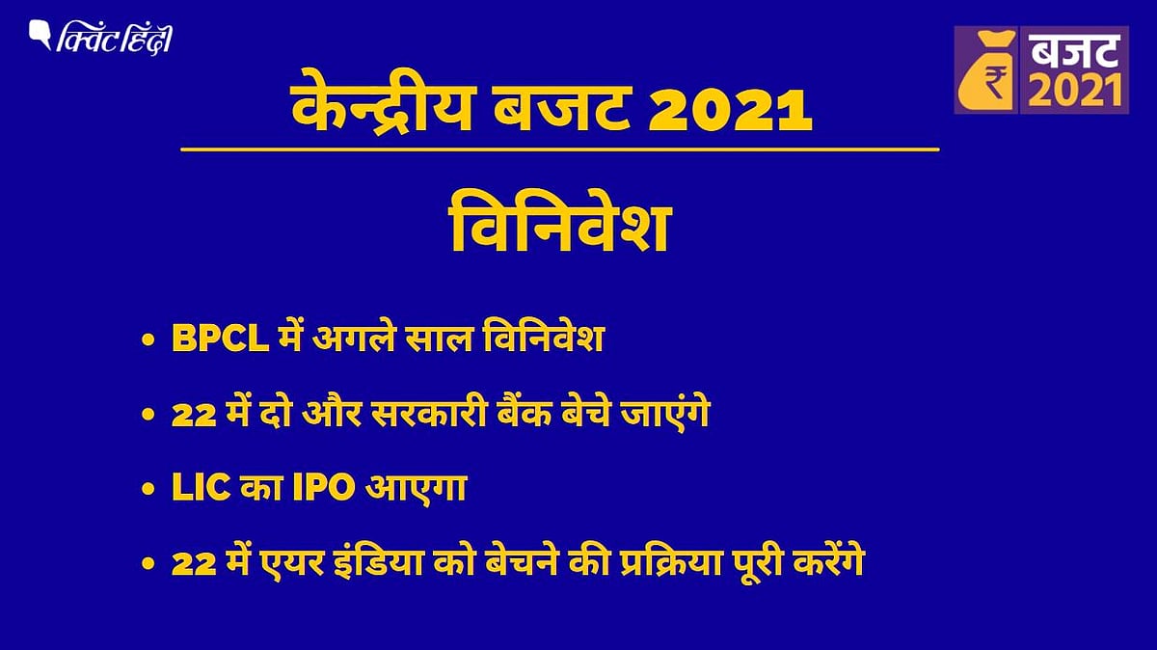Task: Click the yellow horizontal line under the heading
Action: coord(559,149)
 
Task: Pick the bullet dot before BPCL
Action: coord(147,341)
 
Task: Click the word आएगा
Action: coord(414,489)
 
